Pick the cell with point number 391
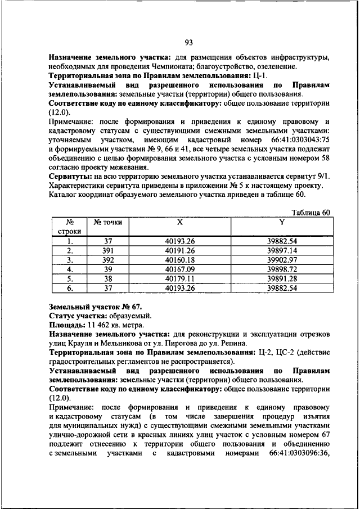108,250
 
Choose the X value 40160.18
179,260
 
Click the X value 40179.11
179,278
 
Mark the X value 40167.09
179,269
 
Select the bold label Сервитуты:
72,177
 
